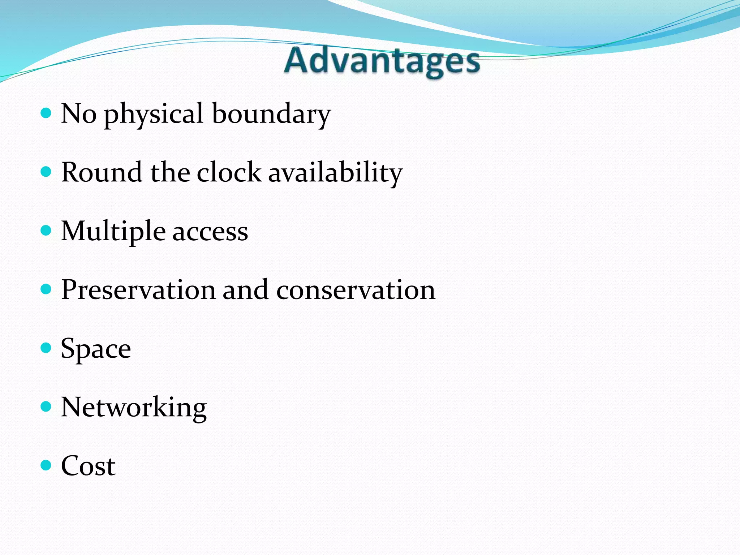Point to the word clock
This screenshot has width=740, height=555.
pyautogui.click(x=229, y=172)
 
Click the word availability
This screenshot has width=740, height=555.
pyautogui.click(x=335, y=173)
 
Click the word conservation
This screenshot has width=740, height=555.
pyautogui.click(x=356, y=290)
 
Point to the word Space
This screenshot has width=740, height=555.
pyautogui.click(x=96, y=349)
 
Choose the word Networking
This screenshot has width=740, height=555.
pyautogui.click(x=134, y=408)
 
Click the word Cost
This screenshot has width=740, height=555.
pyautogui.click(x=88, y=466)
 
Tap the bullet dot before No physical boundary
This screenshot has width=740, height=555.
pyautogui.click(x=46, y=113)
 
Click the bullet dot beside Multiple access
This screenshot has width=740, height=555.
pyautogui.click(x=46, y=231)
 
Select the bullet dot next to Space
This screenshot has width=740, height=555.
pyautogui.click(x=46, y=348)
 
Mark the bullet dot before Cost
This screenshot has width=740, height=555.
pyautogui.click(x=46, y=465)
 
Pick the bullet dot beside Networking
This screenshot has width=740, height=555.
pyautogui.click(x=46, y=406)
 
